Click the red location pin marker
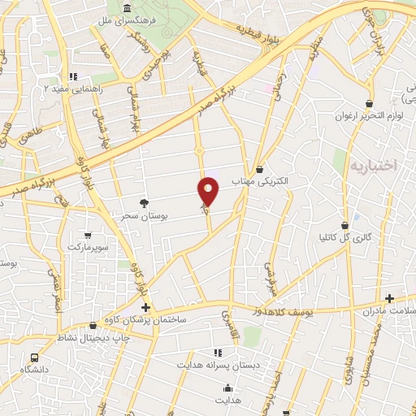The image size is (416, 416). point(209,192)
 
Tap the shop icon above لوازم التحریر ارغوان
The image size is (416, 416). point(370,103)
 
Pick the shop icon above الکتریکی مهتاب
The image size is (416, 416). point(259,169)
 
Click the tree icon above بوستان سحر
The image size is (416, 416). point(144,202)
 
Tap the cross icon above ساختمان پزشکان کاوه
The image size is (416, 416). point(146,307)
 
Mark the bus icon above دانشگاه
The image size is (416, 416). point(34,357)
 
